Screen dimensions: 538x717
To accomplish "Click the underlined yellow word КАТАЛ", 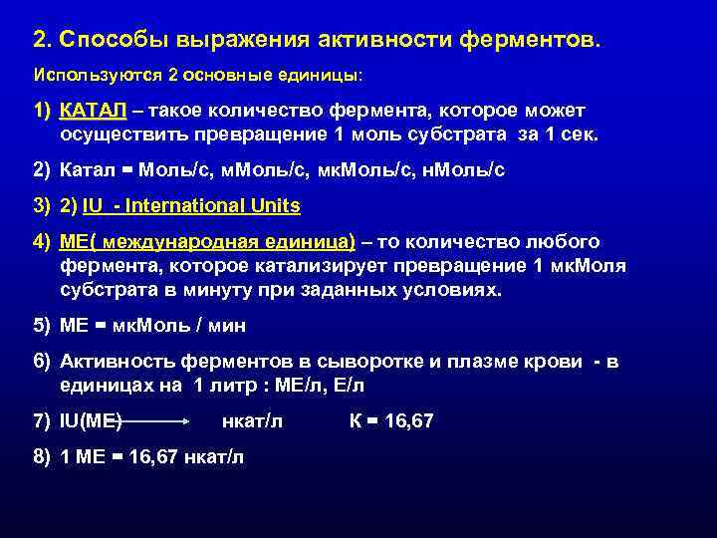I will click(92, 109).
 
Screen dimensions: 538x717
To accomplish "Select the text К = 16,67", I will click(391, 421).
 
